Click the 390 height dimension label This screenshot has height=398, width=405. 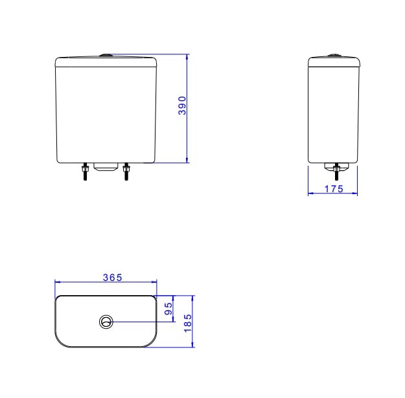click(182, 105)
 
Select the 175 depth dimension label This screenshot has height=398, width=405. click(334, 189)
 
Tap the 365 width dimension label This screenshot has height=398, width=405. click(112, 278)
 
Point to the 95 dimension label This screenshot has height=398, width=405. click(168, 309)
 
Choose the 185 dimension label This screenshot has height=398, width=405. click(188, 323)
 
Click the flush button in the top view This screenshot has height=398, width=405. click(106, 322)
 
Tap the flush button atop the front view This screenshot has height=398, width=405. click(106, 55)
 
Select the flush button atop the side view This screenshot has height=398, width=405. click(334, 55)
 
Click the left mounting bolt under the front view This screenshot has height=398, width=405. click(85, 171)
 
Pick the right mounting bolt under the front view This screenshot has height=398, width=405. click(126, 171)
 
